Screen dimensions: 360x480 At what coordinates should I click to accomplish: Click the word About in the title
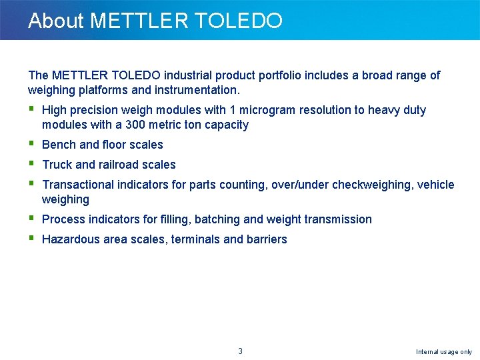56,21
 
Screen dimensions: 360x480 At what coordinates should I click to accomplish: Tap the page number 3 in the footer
241,351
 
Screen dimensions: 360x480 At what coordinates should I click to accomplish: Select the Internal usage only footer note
444,351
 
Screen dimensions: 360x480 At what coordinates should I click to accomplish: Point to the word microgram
268,110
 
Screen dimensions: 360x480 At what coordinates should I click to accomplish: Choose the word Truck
57,165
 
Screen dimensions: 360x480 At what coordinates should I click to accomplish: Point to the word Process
63,219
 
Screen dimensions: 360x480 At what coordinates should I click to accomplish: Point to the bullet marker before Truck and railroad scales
31,164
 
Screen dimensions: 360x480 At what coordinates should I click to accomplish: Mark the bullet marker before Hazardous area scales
31,239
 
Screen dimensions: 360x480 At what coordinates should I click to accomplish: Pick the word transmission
339,219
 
